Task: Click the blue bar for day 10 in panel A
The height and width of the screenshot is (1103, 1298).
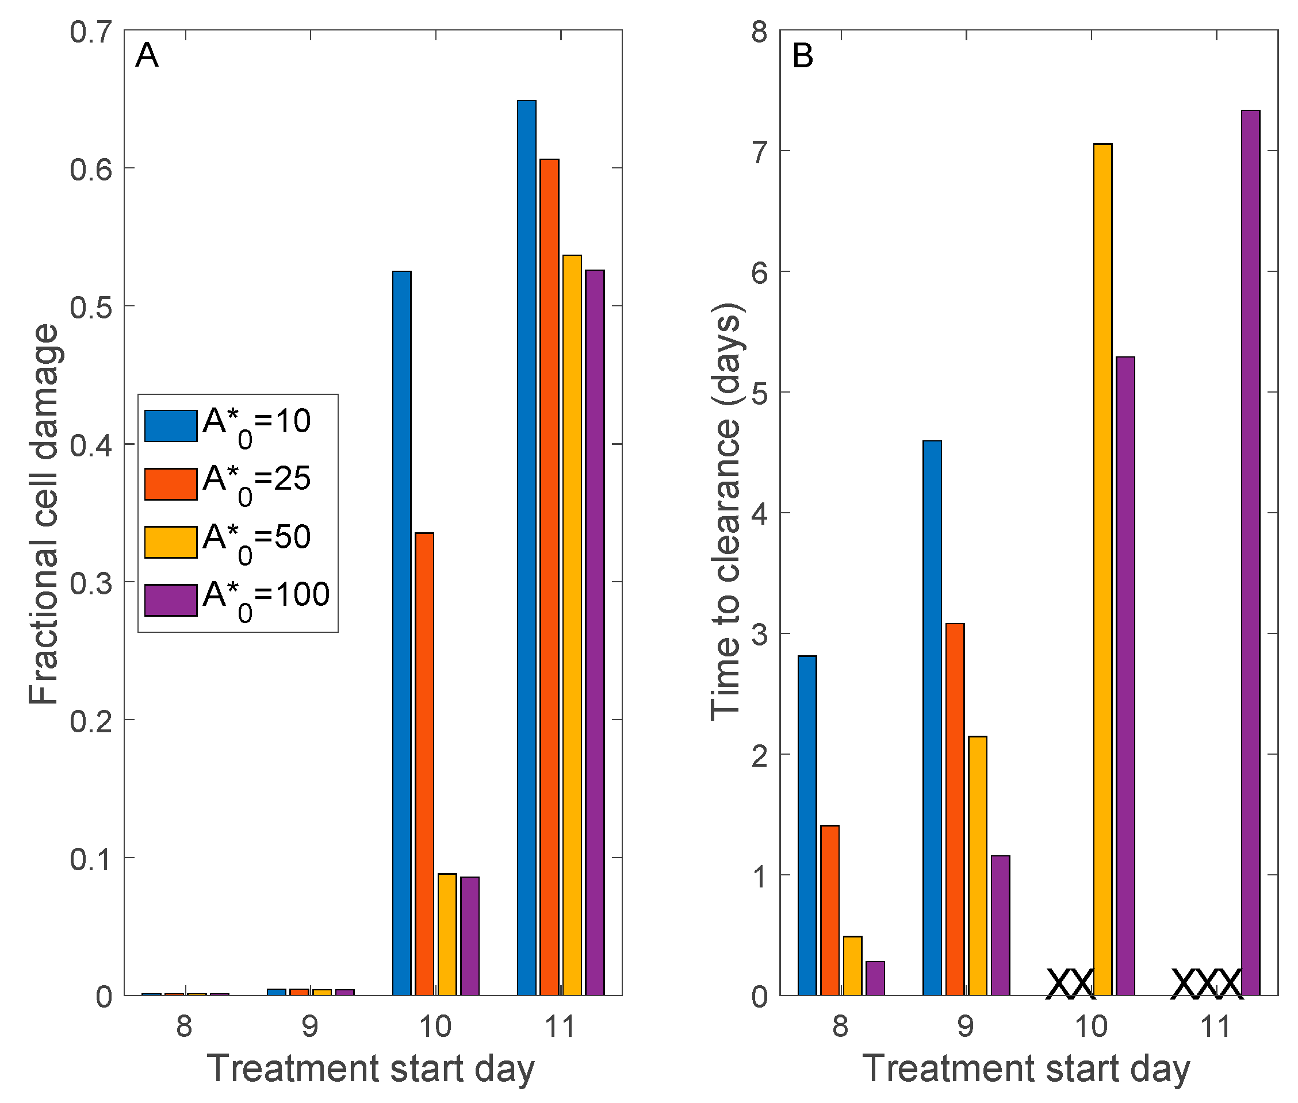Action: [x=401, y=632]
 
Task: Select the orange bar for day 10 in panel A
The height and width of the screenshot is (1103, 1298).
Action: [x=424, y=763]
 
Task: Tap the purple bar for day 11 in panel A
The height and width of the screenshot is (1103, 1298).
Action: [x=594, y=632]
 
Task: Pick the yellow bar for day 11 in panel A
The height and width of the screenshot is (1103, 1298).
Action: [x=572, y=625]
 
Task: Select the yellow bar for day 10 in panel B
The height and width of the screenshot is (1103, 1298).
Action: [x=1102, y=569]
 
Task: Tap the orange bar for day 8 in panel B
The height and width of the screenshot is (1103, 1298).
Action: [x=829, y=910]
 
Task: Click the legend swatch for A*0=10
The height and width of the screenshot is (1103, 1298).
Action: [x=171, y=426]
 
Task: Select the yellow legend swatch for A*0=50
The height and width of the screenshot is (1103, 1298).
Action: [x=171, y=542]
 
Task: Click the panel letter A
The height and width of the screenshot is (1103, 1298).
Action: [x=147, y=56]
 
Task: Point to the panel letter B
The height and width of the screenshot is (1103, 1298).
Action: [x=803, y=56]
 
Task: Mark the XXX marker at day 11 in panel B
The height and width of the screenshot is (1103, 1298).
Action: [x=1206, y=983]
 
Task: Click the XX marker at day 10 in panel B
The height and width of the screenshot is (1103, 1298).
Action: [x=1070, y=983]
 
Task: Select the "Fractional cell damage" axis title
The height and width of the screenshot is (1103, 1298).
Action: [x=44, y=514]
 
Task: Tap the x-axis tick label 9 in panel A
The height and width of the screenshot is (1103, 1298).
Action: [x=309, y=1026]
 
